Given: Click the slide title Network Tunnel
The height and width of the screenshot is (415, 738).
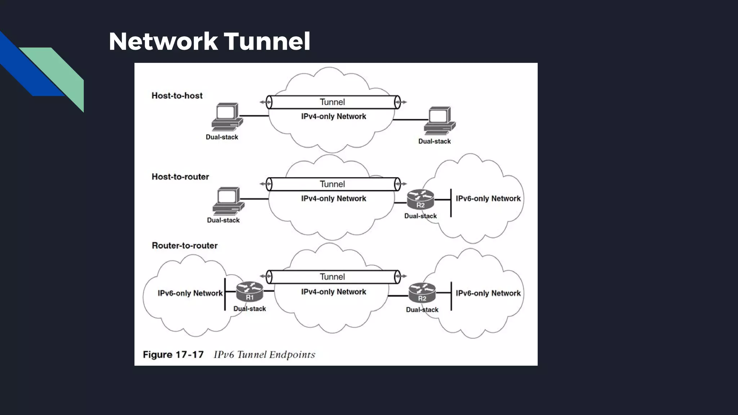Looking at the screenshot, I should tap(209, 41).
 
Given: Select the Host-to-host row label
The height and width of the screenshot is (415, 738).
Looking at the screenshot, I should tap(177, 95).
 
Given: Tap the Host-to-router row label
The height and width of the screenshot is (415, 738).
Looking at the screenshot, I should tap(180, 177).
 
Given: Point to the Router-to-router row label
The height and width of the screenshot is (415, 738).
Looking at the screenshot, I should tap(184, 245).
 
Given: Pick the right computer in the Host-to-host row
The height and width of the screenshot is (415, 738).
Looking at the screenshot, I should tap(440, 121).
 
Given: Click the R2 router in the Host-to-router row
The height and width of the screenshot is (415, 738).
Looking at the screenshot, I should tap(420, 199).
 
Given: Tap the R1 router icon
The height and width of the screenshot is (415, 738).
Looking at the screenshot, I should tap(250, 291).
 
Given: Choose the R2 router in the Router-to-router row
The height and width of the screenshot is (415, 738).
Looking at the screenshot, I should tap(422, 293).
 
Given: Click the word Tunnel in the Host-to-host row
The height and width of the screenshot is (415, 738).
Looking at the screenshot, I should tap(332, 102).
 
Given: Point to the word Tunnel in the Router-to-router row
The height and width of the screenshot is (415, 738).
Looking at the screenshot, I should tap(332, 277).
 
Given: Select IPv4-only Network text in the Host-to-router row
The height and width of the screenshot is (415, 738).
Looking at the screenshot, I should tap(333, 198).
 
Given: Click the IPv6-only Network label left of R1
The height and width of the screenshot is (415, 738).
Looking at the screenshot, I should tap(190, 293).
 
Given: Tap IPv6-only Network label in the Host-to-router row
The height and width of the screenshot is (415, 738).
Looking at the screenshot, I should tap(488, 198).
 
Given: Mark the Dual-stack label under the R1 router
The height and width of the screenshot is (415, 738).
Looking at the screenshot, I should tap(249, 309).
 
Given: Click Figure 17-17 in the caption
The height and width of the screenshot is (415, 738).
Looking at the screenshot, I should tap(173, 355).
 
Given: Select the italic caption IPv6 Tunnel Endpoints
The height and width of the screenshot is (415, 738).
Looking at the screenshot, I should tap(264, 355).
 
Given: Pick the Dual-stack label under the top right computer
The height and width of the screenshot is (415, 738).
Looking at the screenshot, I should tap(434, 141).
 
